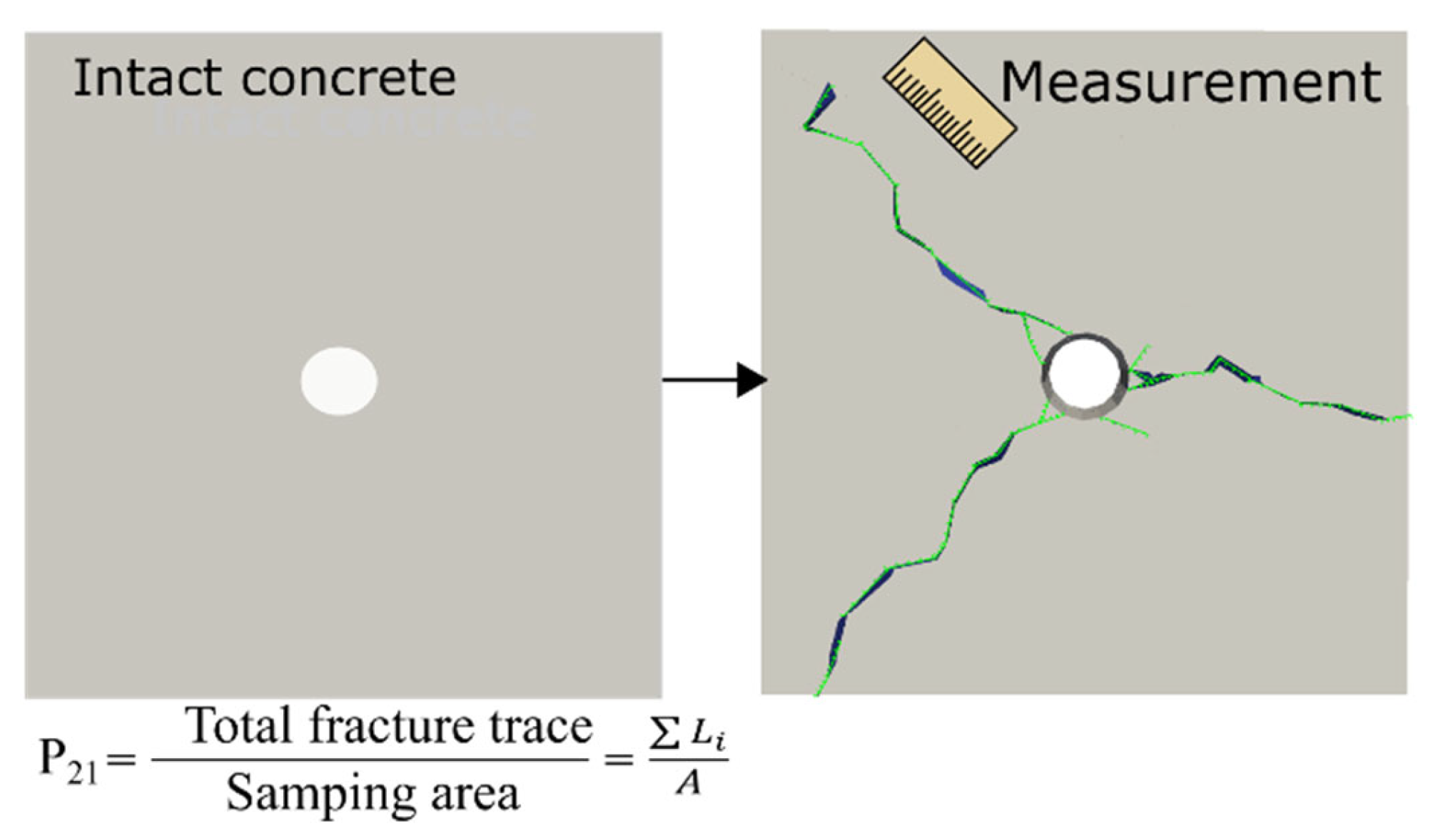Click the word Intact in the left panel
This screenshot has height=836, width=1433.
coord(151,78)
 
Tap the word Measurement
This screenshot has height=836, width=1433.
coord(1190,84)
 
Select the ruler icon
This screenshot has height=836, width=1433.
coord(950,103)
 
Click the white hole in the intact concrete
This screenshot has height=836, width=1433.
coord(339,381)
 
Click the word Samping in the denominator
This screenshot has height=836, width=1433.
coord(320,793)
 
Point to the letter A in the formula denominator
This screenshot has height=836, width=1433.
coord(688,784)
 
